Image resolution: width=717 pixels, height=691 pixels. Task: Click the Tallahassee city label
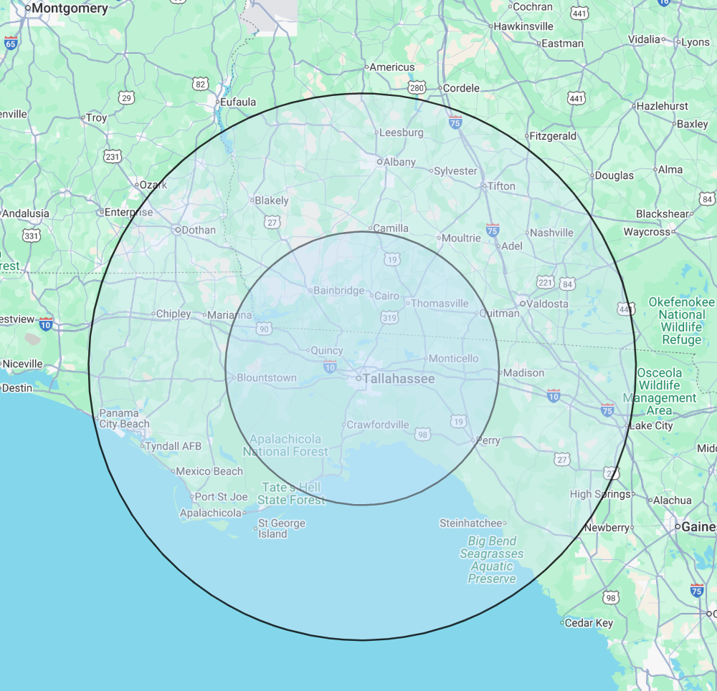tap(399, 379)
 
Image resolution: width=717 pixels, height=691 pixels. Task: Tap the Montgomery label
tap(70, 9)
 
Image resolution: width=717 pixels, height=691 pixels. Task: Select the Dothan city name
tap(199, 230)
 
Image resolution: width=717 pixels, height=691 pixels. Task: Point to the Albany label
tap(399, 162)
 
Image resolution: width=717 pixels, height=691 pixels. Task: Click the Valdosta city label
tap(547, 304)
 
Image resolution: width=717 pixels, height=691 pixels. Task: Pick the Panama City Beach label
tap(124, 418)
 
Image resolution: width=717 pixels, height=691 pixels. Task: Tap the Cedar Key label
tap(589, 623)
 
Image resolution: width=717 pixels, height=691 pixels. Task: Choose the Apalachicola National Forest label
tap(285, 445)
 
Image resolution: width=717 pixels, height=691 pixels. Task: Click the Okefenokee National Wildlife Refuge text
tap(681, 321)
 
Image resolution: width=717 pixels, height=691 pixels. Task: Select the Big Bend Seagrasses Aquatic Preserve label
tap(492, 559)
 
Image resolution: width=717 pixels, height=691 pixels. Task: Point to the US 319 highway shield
tap(389, 317)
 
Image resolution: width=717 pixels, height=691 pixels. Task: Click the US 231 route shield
tap(113, 156)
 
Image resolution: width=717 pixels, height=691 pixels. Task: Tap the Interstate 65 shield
tap(11, 44)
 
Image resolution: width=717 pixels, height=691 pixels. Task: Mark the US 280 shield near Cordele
tap(417, 88)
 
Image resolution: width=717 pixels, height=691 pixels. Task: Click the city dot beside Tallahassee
tap(358, 377)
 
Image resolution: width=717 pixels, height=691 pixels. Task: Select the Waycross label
tap(647, 231)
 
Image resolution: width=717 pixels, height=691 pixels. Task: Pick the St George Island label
tap(282, 528)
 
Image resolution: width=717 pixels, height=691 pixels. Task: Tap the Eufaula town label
tap(238, 102)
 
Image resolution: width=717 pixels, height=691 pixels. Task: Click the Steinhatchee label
tap(471, 523)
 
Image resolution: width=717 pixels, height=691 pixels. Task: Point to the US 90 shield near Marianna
tap(265, 329)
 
